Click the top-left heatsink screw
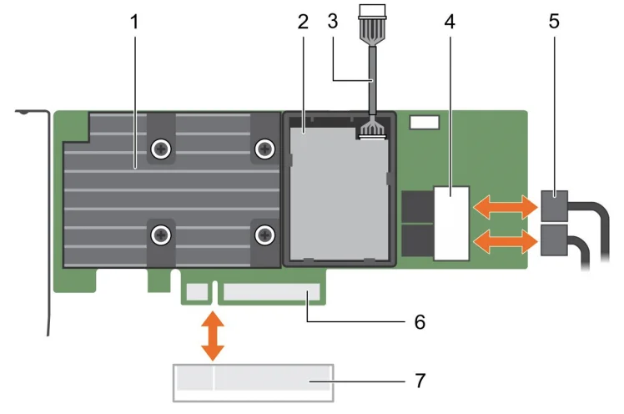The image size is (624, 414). (x=160, y=149)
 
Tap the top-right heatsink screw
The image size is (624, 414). (x=265, y=149)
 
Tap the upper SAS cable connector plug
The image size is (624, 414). (x=553, y=203)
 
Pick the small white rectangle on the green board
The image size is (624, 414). (x=425, y=122)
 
